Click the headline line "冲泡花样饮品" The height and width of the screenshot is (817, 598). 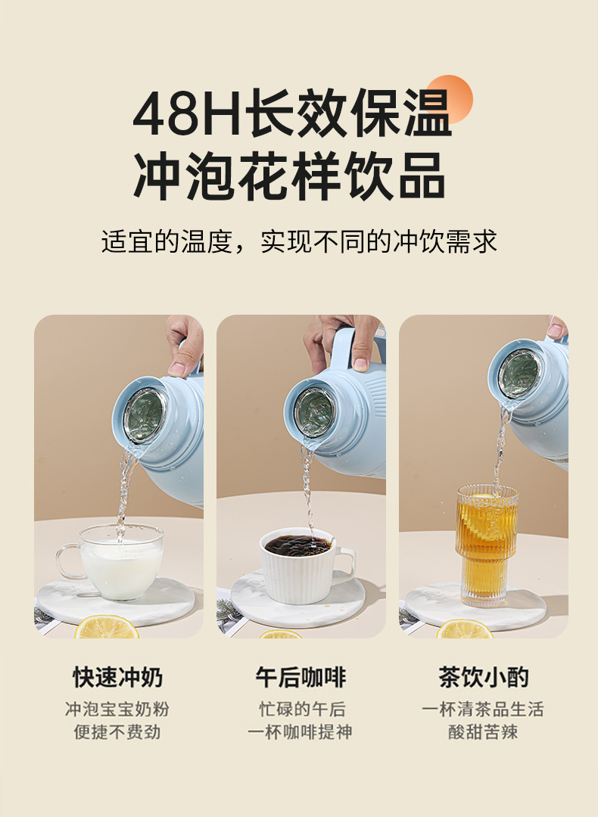(289, 176)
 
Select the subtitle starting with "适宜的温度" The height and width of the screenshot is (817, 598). (299, 241)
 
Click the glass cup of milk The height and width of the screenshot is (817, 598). (121, 564)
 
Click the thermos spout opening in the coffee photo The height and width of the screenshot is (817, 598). (314, 413)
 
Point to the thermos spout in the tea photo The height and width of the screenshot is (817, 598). (519, 374)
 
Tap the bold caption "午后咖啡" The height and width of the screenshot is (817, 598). (300, 676)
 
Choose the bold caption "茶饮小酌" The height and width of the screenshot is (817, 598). (483, 676)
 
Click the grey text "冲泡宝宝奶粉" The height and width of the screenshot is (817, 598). (117, 710)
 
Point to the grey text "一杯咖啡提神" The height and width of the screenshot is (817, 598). (300, 732)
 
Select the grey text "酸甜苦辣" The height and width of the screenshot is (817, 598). (483, 732)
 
